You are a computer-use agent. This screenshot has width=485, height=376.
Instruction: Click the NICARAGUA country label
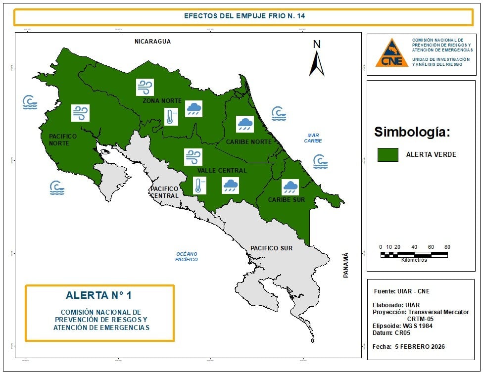(x=152, y=42)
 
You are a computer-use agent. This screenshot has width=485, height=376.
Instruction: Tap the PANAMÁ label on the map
(x=346, y=265)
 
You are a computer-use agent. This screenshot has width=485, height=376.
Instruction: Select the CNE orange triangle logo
(x=391, y=53)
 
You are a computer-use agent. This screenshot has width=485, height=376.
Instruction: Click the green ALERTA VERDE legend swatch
(x=388, y=154)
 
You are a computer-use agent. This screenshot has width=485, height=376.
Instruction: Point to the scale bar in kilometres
(x=414, y=254)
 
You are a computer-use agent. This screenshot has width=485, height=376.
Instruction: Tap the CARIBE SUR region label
(x=287, y=200)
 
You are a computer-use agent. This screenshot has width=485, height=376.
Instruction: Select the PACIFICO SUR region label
(x=271, y=248)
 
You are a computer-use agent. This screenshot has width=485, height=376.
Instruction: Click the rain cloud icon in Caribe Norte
(x=245, y=124)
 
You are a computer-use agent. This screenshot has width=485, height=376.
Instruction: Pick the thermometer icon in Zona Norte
(x=171, y=117)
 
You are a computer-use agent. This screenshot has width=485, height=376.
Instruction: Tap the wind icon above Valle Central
(x=193, y=157)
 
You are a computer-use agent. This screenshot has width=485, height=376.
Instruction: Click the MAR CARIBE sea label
(x=313, y=138)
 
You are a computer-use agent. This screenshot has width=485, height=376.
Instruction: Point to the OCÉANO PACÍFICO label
(x=187, y=256)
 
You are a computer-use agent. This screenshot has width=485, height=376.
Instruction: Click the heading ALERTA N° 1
(x=99, y=295)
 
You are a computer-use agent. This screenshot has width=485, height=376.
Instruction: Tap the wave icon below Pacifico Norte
(x=57, y=188)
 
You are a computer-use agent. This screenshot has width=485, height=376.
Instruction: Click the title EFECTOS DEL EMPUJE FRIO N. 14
(x=244, y=16)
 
